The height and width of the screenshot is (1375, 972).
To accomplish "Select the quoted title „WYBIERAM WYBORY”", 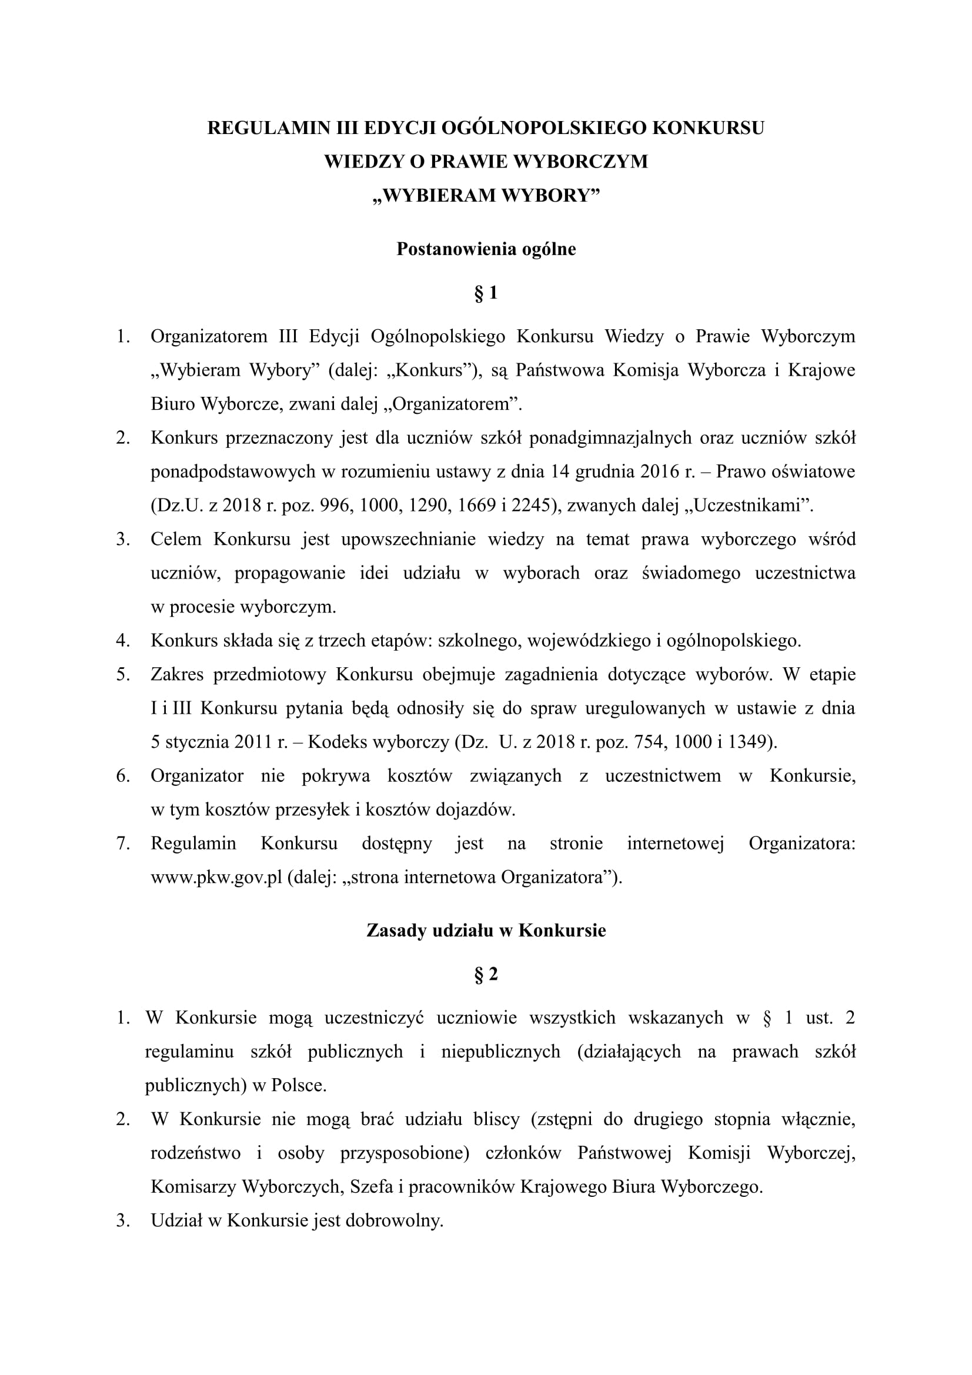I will tap(486, 196).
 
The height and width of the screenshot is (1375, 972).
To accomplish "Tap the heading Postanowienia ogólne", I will tap(486, 249).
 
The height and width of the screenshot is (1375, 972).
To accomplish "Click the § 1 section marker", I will tap(486, 293).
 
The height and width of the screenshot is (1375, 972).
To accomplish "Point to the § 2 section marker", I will tap(486, 974).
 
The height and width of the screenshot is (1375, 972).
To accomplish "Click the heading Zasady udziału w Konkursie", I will tap(486, 930).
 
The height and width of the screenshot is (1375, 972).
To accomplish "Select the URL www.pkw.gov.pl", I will tap(216, 878).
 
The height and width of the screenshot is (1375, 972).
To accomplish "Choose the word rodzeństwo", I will tap(195, 1153).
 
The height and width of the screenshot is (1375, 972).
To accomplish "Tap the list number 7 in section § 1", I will tap(123, 844).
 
